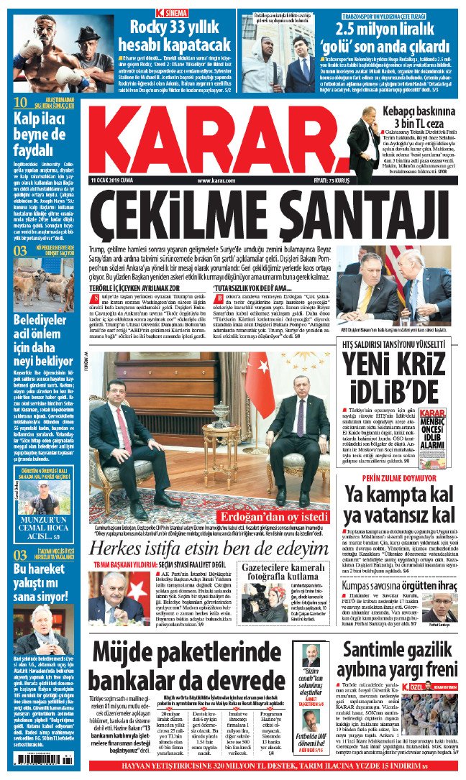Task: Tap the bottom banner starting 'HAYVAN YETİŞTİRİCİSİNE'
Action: [x=233, y=769]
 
